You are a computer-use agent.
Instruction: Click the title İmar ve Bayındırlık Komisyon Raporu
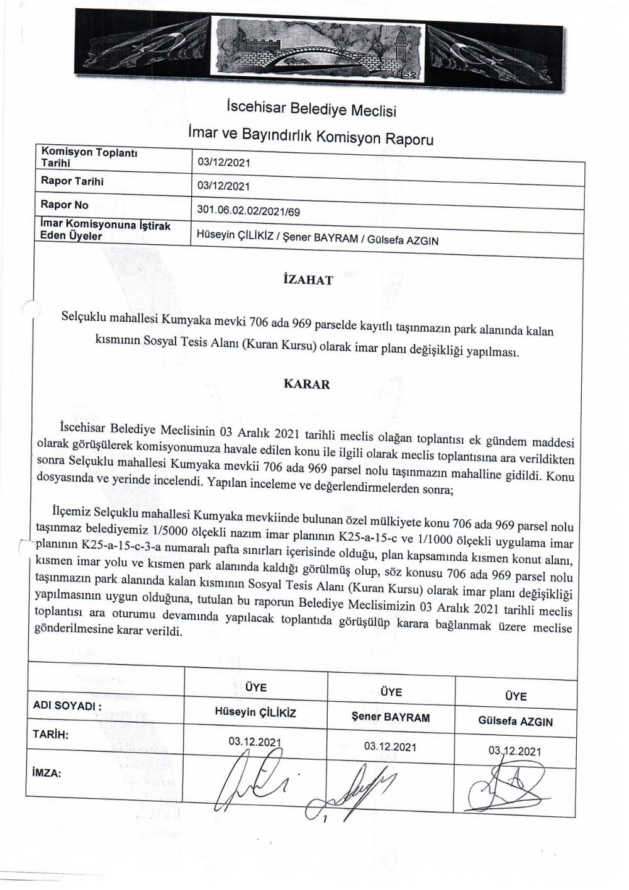(311, 137)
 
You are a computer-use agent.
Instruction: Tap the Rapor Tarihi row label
(72, 182)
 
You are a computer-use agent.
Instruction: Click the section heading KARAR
(307, 384)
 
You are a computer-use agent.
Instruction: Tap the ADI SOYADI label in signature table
(67, 707)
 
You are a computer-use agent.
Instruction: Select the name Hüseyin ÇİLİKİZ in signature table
(255, 713)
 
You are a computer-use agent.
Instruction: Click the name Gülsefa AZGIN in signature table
(515, 721)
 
